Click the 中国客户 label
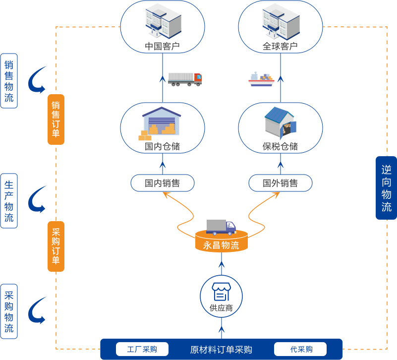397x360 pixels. point(162,46)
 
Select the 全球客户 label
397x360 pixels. point(280,46)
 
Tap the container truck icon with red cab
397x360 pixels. point(185,79)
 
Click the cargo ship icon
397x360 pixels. point(261,79)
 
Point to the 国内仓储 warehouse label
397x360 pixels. point(162,146)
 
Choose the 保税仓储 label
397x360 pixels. point(280,146)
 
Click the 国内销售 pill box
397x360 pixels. point(162,183)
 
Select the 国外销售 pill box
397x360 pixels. point(281,183)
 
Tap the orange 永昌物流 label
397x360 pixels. point(221,245)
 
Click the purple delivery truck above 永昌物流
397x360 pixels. point(221,227)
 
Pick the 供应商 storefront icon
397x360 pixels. point(221,292)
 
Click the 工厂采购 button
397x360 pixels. point(142,349)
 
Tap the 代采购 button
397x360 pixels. point(300,349)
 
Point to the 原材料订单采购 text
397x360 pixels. point(221,350)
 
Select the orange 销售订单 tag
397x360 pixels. point(56,120)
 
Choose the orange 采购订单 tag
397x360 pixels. point(56,246)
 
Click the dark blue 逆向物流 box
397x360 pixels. point(387,188)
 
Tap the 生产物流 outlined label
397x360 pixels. point(9,201)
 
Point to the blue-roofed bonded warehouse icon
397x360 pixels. point(281,122)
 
